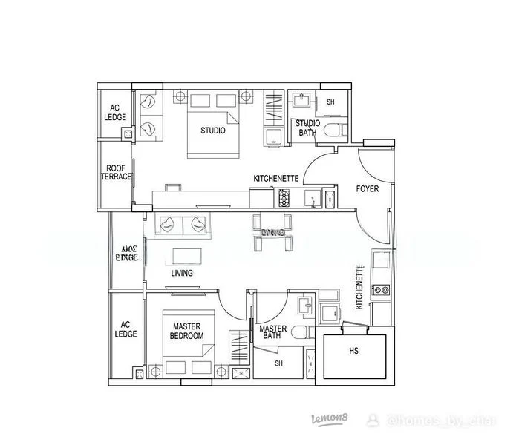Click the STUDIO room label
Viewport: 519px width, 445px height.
point(213,131)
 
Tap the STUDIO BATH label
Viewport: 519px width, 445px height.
point(307,128)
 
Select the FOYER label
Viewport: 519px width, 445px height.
point(368,189)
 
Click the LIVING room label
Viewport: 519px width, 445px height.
point(182,274)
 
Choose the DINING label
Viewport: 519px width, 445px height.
point(272,232)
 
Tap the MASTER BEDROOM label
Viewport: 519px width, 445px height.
point(188,331)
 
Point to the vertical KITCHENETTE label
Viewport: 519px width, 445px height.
point(360,287)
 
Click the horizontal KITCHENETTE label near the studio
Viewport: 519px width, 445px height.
point(276,179)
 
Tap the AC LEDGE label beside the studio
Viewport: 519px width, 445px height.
point(115,113)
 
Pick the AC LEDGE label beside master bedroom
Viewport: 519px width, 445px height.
point(126,329)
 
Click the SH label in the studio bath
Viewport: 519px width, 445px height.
point(330,102)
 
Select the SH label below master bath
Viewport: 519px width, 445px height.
point(279,363)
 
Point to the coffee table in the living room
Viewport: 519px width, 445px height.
point(188,256)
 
